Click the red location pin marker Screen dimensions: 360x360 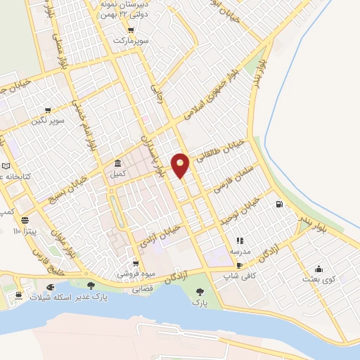tap(181, 165)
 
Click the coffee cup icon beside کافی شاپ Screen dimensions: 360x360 tap(240, 265)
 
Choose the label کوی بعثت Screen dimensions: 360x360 tap(320, 279)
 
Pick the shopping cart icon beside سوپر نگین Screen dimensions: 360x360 tap(47, 110)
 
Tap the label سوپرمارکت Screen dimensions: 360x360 tap(131, 41)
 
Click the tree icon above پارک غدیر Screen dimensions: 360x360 tap(91, 285)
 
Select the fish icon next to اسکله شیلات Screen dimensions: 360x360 tap(50, 287)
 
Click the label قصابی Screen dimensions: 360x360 tap(143, 289)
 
